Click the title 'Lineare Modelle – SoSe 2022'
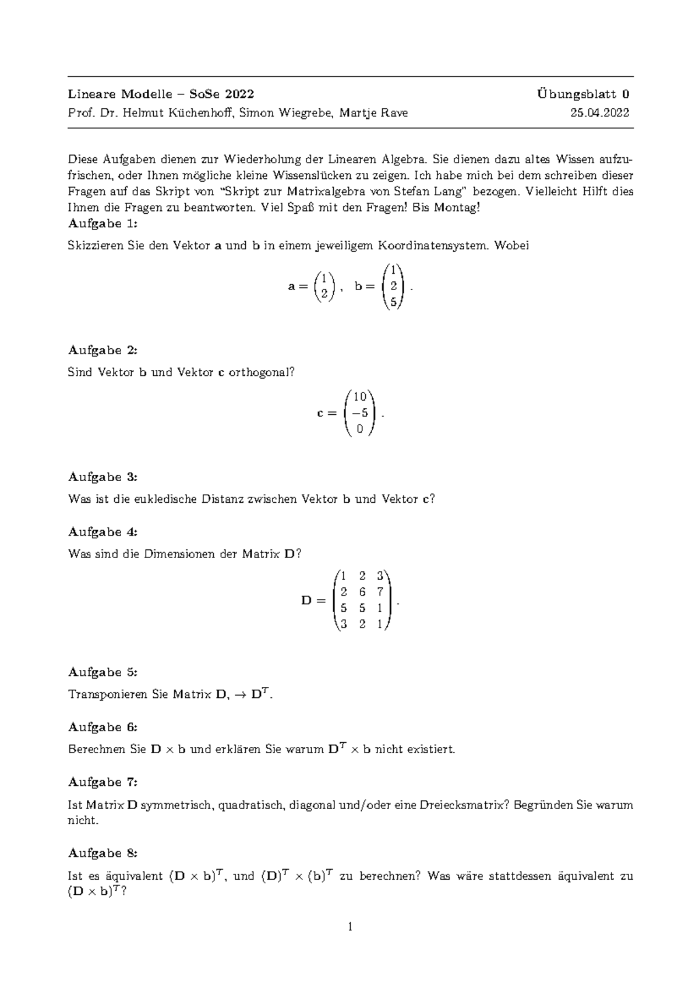click(x=161, y=94)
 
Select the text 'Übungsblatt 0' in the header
click(x=583, y=94)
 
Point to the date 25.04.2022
click(x=600, y=113)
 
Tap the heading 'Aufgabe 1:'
click(x=103, y=224)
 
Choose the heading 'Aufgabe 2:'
click(x=103, y=350)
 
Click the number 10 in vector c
click(x=359, y=397)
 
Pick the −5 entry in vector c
click(x=359, y=413)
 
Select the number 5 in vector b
click(x=394, y=302)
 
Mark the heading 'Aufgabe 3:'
click(x=103, y=477)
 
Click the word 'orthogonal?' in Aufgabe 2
click(x=262, y=372)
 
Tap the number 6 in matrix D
click(x=362, y=592)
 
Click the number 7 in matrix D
click(x=380, y=592)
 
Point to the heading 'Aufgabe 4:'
click(x=103, y=532)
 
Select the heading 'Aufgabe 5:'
click(x=103, y=672)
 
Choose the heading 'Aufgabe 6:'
click(x=103, y=727)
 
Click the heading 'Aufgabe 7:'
click(x=103, y=782)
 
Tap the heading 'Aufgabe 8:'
click(x=103, y=853)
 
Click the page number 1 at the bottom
click(x=350, y=927)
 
